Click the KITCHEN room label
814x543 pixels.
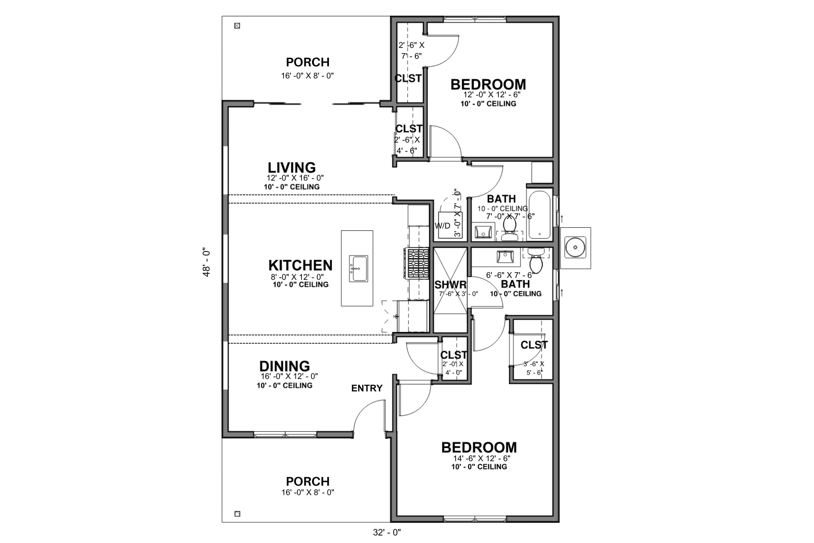[x=300, y=265]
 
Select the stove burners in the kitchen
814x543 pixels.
[x=417, y=263]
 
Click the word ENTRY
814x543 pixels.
[x=367, y=388]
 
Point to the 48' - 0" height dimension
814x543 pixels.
[x=207, y=262]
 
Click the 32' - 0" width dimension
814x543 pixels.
[x=387, y=532]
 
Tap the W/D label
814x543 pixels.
[x=442, y=226]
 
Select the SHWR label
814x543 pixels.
[x=451, y=285]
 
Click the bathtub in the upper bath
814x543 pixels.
[x=540, y=215]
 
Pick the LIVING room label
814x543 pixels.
[x=292, y=167]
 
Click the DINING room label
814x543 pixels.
[x=285, y=366]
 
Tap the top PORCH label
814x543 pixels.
[x=308, y=62]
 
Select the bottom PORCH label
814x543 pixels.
[x=308, y=481]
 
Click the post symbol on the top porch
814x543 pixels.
[x=237, y=26]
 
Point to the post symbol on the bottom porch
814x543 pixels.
[x=237, y=514]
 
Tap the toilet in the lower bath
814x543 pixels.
[x=536, y=261]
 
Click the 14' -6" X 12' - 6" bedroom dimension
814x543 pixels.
[x=482, y=459]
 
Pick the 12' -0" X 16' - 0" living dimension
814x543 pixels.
[x=295, y=178]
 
